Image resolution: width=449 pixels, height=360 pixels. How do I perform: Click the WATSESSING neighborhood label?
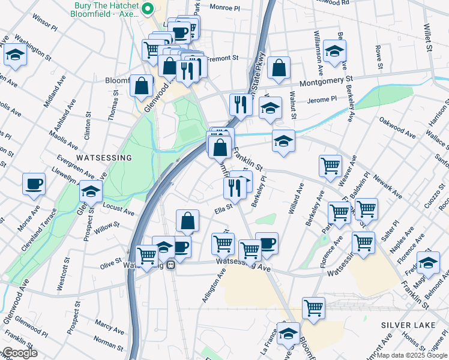click(104, 157)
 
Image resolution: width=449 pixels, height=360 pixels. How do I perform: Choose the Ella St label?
click(223, 209)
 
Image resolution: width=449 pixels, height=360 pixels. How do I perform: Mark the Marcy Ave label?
click(109, 328)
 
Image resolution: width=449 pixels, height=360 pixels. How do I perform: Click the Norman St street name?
click(108, 345)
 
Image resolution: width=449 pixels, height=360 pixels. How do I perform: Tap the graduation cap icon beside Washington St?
click(14, 56)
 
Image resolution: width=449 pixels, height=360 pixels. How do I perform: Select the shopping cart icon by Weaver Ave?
click(330, 165)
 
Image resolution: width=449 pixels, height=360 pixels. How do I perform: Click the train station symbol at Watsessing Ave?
click(171, 264)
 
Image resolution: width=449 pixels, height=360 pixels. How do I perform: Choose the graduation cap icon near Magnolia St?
click(428, 263)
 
